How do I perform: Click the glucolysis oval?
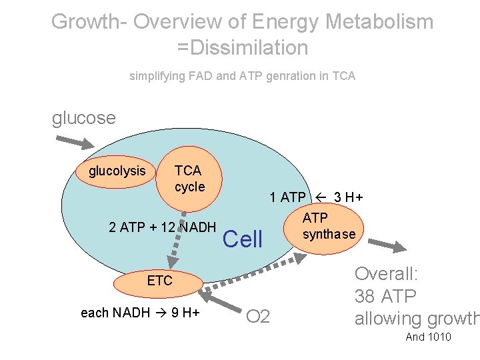(x=117, y=171)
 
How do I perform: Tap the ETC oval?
(x=159, y=281)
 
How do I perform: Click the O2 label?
(x=258, y=316)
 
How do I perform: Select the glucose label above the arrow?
(x=84, y=119)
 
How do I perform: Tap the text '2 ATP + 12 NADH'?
(x=162, y=227)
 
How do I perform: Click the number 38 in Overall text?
(x=365, y=297)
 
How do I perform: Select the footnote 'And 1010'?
(x=428, y=337)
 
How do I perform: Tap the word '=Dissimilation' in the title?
(x=243, y=48)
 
